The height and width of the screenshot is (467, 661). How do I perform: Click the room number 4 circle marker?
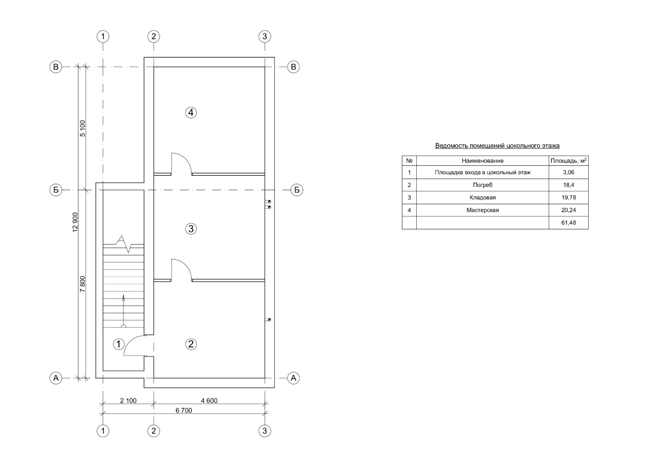tap(191, 113)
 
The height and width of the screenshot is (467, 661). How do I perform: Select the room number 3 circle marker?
tap(191, 229)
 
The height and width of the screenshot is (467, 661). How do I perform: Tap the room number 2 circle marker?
tap(191, 344)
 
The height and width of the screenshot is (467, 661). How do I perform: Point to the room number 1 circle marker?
tap(119, 344)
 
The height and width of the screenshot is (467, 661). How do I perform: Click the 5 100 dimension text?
tap(83, 128)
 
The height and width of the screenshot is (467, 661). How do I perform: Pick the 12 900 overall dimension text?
tap(75, 222)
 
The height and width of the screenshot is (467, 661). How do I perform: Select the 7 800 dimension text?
tap(83, 284)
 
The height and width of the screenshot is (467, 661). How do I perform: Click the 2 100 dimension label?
tap(128, 401)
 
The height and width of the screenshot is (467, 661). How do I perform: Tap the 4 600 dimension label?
tap(209, 401)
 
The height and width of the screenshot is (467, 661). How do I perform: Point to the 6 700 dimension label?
tap(184, 410)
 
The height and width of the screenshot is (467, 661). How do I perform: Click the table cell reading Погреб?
tap(483, 185)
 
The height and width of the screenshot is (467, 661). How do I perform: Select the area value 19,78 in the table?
tap(569, 197)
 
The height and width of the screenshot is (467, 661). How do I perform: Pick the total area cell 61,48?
tap(569, 222)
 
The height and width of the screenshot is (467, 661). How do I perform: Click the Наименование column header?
tap(483, 161)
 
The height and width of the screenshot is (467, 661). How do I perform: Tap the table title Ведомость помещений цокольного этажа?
tap(497, 146)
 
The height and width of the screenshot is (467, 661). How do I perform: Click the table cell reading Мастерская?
tap(483, 210)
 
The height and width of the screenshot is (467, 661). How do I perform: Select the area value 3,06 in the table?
tap(569, 172)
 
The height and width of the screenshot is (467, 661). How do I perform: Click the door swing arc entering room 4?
tap(187, 159)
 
